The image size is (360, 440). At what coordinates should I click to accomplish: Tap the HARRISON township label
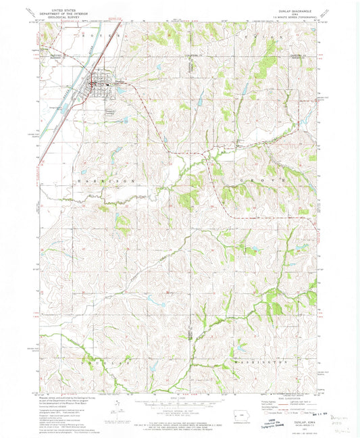point(112,182)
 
